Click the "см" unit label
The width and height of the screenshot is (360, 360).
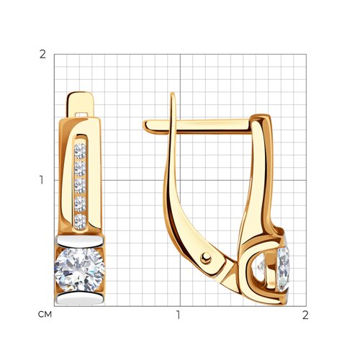pyautogui.click(x=45, y=315)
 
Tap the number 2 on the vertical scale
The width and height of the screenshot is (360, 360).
pyautogui.click(x=42, y=55)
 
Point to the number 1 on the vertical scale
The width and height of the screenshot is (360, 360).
pyautogui.click(x=42, y=180)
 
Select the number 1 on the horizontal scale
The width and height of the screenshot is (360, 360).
pyautogui.click(x=178, y=315)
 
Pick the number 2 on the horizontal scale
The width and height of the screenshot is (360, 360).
pyautogui.click(x=305, y=315)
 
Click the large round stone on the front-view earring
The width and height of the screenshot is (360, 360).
pyautogui.click(x=80, y=270)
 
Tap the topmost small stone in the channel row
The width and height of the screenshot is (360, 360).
pyautogui.click(x=80, y=150)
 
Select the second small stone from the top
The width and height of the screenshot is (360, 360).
pyautogui.click(x=80, y=168)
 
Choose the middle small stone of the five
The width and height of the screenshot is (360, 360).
pyautogui.click(x=80, y=186)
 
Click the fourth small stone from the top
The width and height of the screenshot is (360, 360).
pyautogui.click(x=80, y=204)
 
